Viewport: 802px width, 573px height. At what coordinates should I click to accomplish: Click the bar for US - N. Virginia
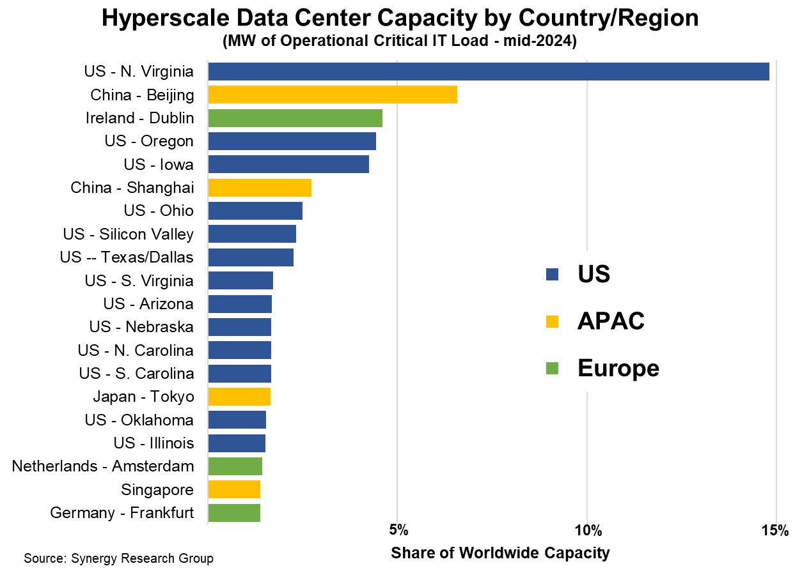tap(489, 72)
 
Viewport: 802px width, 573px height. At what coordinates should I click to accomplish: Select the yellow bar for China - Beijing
tap(333, 95)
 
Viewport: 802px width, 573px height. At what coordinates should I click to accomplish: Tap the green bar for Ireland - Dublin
tap(295, 118)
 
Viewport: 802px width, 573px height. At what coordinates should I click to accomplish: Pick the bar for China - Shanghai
tap(260, 188)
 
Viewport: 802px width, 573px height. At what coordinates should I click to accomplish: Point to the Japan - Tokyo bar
tap(239, 397)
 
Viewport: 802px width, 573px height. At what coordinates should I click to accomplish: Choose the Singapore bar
tap(234, 489)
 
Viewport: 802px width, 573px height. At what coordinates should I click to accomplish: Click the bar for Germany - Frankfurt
tap(234, 513)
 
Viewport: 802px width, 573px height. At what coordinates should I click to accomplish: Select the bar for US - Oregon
tap(292, 141)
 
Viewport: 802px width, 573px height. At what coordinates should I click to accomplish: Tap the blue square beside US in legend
tap(552, 275)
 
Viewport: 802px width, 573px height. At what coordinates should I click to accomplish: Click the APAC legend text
tap(610, 321)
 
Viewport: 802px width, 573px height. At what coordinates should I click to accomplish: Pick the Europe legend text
tap(618, 368)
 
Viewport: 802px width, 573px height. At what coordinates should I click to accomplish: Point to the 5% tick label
tap(398, 530)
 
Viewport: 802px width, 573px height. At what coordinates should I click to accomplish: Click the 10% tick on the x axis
tap(587, 530)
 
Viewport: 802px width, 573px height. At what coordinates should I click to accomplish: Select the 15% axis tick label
tap(775, 530)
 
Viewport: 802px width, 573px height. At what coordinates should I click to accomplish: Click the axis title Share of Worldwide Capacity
tap(500, 553)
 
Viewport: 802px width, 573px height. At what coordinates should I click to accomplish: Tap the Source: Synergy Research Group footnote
tap(118, 558)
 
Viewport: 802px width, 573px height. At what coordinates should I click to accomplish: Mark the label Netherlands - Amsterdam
tap(103, 466)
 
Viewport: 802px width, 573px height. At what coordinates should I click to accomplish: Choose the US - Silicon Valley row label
tap(128, 234)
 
